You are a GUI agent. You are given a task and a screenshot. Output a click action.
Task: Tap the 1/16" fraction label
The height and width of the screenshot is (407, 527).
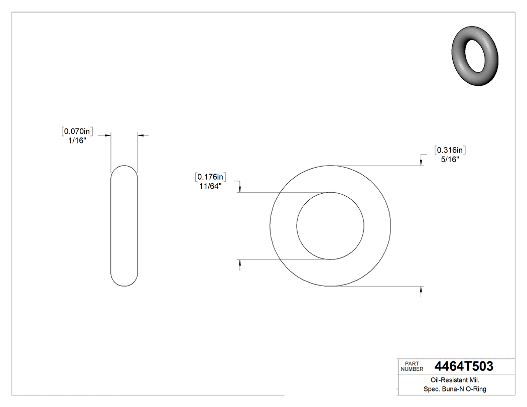click(77, 141)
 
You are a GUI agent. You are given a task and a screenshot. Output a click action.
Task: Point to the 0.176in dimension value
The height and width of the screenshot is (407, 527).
click(211, 177)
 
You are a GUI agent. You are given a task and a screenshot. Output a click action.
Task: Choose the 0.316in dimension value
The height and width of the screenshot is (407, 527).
click(451, 150)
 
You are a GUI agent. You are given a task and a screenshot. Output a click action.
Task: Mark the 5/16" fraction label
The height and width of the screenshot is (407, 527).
click(450, 160)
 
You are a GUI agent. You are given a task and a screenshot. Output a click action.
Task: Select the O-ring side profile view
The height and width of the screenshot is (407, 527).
click(124, 226)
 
